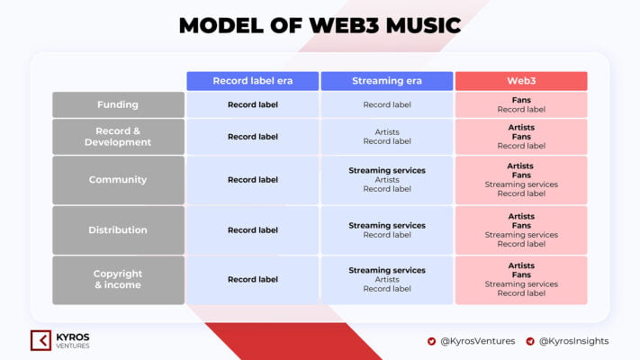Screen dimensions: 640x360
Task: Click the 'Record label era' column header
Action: [x=253, y=81]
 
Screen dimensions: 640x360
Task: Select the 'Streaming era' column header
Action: [x=387, y=81]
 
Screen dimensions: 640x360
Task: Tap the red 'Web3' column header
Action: [x=521, y=81]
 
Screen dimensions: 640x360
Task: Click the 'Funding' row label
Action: [x=118, y=105]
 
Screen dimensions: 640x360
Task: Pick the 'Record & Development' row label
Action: [x=118, y=137]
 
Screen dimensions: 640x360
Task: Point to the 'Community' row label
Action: [x=118, y=180]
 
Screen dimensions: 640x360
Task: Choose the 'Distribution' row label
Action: [x=118, y=230]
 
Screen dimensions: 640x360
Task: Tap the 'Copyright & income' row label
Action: [x=118, y=280]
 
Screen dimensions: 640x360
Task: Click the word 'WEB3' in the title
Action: [x=344, y=25]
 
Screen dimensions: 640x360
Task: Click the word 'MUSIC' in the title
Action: [x=423, y=25]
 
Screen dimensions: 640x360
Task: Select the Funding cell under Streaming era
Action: [x=387, y=105]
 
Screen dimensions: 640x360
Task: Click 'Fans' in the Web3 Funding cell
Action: [x=521, y=100]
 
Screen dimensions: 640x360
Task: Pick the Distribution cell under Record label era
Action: [x=253, y=230]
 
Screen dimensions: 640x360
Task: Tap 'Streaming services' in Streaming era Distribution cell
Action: [x=387, y=226]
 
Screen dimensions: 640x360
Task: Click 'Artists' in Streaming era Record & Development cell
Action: [x=387, y=131]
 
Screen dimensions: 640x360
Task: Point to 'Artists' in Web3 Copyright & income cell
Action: [x=521, y=265]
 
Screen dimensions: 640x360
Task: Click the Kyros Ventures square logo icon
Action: [x=41, y=340]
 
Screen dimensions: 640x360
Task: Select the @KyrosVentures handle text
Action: [x=478, y=341]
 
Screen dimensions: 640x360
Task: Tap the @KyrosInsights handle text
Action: [x=574, y=341]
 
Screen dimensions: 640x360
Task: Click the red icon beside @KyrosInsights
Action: [x=530, y=341]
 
